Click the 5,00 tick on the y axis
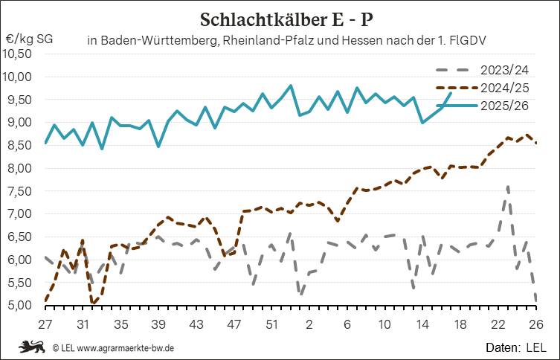22,306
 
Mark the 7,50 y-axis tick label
22,191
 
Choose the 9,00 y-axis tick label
22,123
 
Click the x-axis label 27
45,324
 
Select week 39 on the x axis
158,324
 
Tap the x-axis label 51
272,324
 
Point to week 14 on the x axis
423,324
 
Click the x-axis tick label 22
498,324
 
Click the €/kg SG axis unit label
29,38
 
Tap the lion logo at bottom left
32,347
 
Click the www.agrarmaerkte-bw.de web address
127,347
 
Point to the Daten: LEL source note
515,347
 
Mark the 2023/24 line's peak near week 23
507,187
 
